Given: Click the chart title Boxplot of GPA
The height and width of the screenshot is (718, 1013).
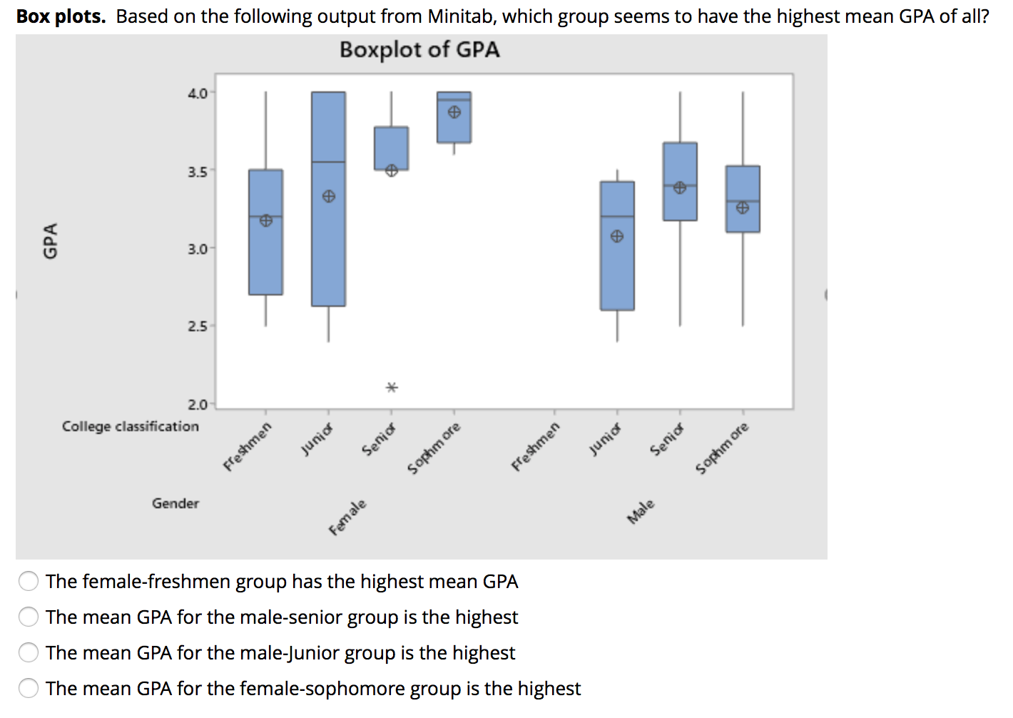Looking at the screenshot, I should pos(419,50).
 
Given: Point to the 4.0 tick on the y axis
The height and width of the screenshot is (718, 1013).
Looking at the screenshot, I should pos(198,93).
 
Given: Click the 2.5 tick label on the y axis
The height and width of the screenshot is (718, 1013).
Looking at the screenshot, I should pos(198,326).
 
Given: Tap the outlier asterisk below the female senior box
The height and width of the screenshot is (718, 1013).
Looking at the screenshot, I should pos(391,388).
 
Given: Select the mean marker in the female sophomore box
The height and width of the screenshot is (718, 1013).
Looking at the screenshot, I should pos(454,112).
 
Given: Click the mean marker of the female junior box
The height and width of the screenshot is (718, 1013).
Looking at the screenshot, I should pos(328,196).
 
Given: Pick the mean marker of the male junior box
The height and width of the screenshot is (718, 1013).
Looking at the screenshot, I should pos(617,236).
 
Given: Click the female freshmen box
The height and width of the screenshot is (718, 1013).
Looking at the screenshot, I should pos(265,257).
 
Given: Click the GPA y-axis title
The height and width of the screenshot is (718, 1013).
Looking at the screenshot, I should pos(50,241).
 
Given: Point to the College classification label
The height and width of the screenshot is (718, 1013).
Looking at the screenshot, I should pos(131,426).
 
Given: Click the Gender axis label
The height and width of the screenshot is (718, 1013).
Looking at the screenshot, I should pos(175,503).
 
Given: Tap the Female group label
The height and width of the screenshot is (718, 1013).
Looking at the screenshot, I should pos(347,517).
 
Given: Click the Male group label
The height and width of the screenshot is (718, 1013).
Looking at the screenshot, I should pos(641,512).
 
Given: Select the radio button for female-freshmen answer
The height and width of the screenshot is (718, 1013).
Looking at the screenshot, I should pos(29,582).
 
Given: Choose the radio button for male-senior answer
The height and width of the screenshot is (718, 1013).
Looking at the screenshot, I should pos(29,617).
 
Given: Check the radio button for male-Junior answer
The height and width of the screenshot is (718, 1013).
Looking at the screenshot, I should pos(29,652).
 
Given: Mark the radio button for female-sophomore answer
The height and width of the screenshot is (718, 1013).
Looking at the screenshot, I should pos(29,688).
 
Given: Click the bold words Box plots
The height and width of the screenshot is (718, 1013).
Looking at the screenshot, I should pos(61,16).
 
